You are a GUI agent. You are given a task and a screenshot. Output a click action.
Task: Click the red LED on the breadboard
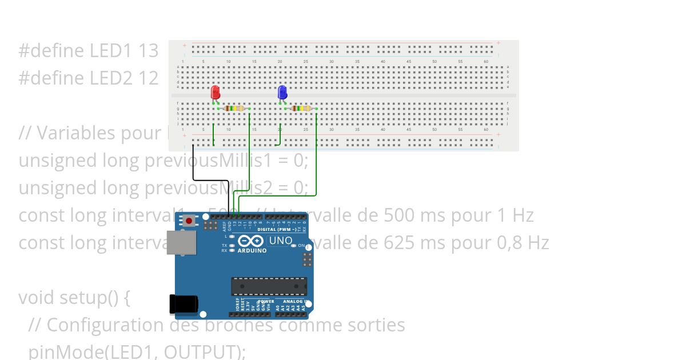216,91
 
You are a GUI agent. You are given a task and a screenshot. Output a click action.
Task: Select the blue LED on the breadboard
282,92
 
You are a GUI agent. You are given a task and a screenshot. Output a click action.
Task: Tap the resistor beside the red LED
234,109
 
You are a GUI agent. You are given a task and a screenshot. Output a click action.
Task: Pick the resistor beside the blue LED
301,109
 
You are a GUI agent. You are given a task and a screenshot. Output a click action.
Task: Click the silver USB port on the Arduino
181,242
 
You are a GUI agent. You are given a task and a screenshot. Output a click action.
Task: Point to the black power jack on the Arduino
184,304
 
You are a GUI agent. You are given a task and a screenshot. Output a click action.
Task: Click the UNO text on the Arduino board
280,241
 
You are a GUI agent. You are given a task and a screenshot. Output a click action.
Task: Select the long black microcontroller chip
269,286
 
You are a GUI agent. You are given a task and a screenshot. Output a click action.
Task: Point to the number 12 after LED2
149,78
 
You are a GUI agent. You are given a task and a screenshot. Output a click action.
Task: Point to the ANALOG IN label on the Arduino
296,301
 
